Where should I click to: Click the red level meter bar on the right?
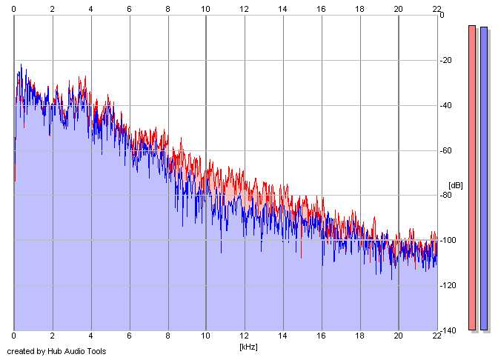pos(472,178)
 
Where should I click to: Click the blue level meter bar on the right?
pos(484,178)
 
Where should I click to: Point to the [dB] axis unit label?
pos(455,185)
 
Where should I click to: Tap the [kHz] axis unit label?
pos(248,347)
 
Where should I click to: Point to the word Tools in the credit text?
pos(96,351)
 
